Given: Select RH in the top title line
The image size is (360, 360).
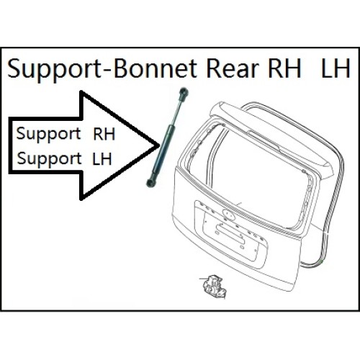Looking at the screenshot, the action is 284,68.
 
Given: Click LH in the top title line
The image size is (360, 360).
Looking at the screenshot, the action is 336,68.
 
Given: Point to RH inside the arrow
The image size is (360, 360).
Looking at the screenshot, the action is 104,134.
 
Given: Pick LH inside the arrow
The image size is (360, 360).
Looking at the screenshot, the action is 102,158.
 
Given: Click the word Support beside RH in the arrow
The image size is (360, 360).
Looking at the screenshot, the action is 48,135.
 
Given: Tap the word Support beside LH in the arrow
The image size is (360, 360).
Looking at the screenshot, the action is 49,159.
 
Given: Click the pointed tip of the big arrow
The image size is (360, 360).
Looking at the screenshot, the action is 159,145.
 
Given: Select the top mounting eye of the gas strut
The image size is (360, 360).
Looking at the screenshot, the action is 184,92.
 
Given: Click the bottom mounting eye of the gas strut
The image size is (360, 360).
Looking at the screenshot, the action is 150,183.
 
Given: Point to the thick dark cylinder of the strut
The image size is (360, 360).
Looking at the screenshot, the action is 162,151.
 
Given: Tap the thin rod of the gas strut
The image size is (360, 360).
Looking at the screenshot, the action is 177,111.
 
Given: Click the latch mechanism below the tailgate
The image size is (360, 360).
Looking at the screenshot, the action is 215,287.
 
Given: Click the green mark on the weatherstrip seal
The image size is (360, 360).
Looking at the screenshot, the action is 322,261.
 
